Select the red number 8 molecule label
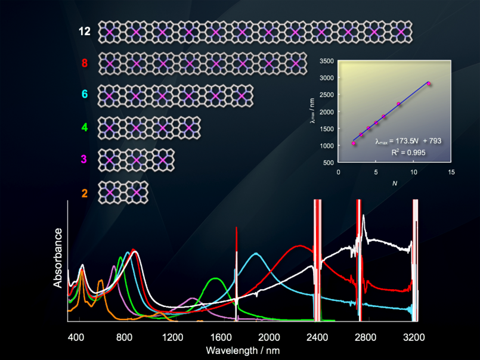[x=85, y=63]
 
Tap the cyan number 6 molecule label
[x=85, y=94]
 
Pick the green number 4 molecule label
[x=85, y=126]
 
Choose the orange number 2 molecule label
[x=85, y=193]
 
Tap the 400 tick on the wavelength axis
[x=76, y=337]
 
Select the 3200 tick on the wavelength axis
[x=414, y=337]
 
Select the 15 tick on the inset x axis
[x=451, y=172]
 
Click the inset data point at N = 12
[x=429, y=83]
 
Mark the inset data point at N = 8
[x=398, y=104]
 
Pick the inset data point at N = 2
[x=354, y=143]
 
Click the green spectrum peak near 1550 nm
[x=216, y=278]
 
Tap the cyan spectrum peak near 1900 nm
[x=256, y=253]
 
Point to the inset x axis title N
[x=394, y=182]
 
